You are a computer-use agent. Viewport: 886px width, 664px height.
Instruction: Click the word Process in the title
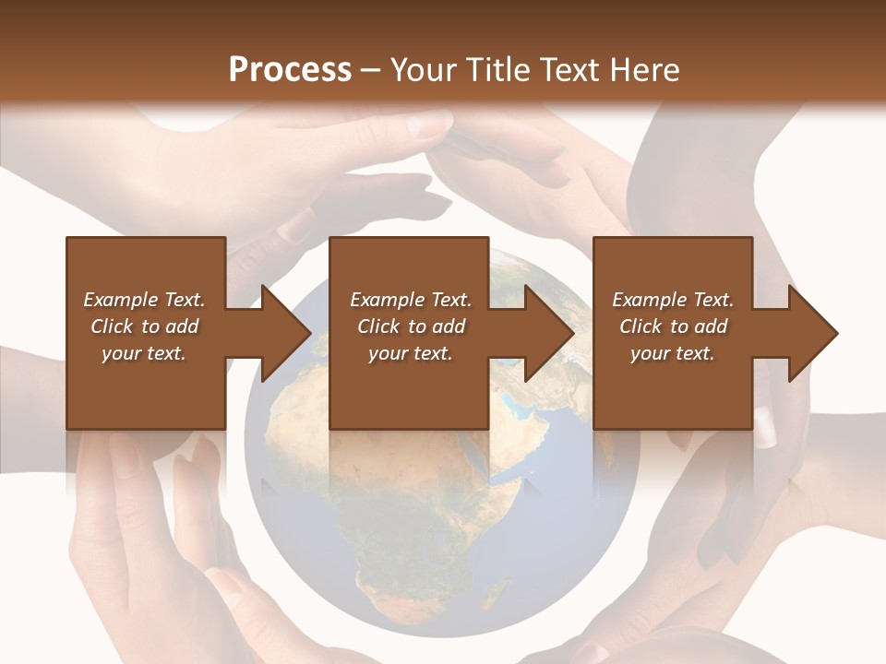click(290, 69)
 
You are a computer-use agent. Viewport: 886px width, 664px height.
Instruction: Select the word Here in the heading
click(643, 69)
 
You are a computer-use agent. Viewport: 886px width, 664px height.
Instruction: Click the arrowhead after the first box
click(286, 333)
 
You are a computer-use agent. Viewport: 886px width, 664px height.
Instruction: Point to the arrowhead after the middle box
click(550, 333)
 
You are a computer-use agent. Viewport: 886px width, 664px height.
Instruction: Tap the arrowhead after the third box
click(813, 333)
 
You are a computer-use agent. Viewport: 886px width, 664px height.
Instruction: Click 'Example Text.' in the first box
click(144, 300)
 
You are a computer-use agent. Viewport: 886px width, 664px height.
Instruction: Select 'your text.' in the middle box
click(410, 353)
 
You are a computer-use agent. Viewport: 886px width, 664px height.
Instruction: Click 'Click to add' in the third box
click(673, 326)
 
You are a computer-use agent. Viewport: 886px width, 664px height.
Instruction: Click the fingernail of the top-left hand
click(428, 125)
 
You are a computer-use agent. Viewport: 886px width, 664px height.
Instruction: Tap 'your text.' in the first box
click(144, 353)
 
